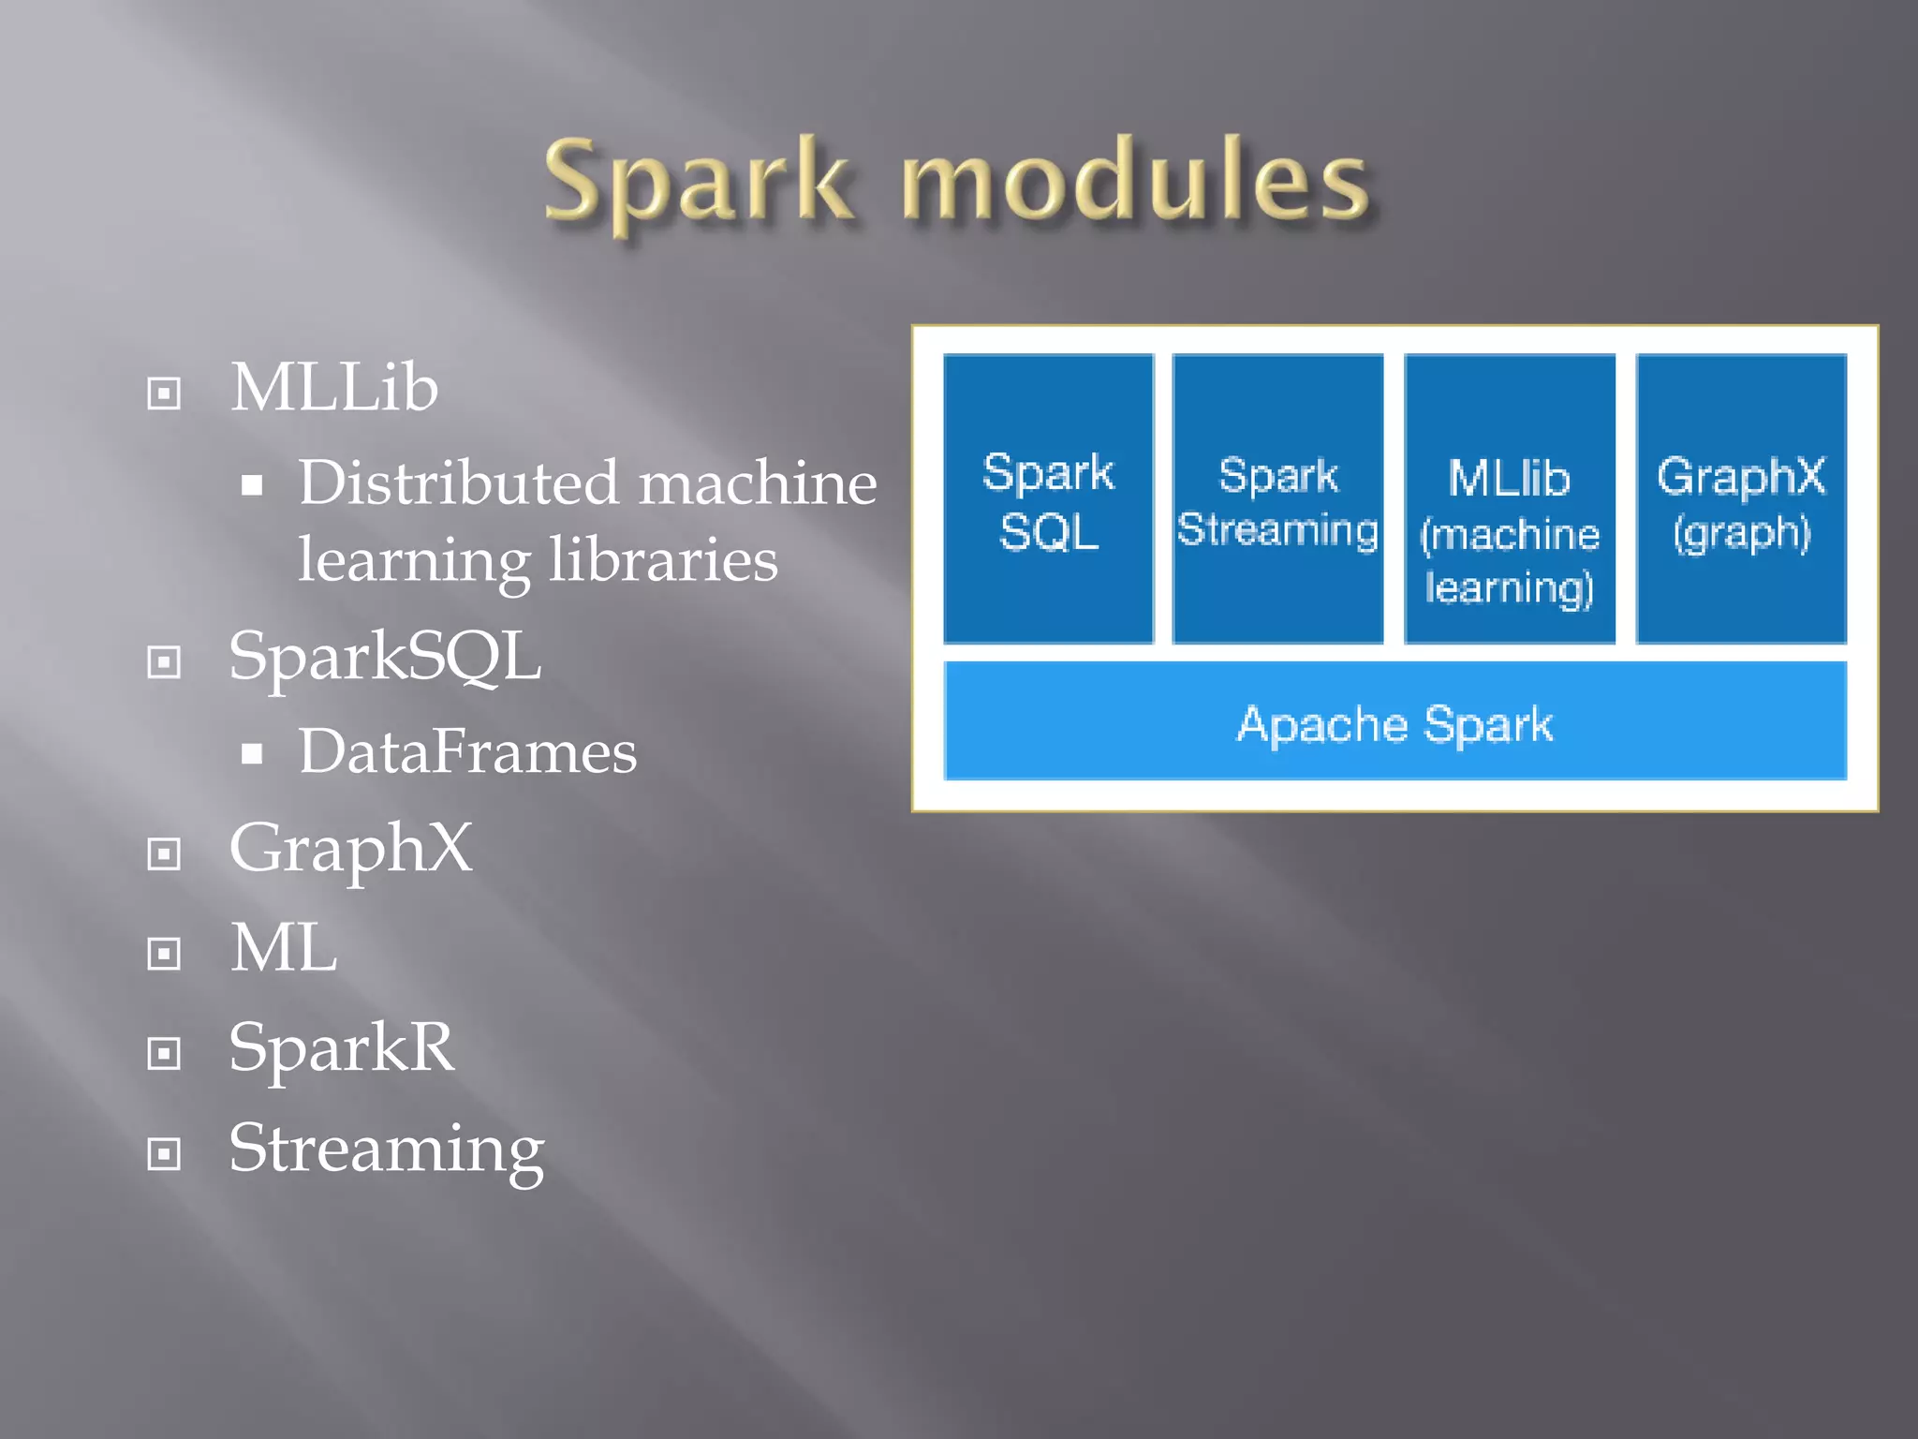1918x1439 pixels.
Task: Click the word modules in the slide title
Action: (x=1135, y=180)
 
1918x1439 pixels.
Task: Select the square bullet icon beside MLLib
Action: (x=164, y=393)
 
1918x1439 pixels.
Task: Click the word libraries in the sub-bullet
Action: (x=663, y=560)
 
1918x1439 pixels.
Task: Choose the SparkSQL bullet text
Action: (x=385, y=656)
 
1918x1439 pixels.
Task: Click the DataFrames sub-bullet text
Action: (x=467, y=751)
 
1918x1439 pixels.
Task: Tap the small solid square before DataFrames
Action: (x=251, y=754)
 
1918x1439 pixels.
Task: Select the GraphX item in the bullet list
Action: (x=351, y=848)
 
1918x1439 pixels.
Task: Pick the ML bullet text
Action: (x=284, y=948)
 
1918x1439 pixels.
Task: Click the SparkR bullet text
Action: (x=342, y=1047)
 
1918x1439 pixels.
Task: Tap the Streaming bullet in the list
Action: (x=386, y=1149)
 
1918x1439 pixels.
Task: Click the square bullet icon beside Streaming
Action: (x=164, y=1153)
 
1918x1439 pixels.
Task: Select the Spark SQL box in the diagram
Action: (x=1048, y=499)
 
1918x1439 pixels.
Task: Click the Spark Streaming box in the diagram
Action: (x=1277, y=499)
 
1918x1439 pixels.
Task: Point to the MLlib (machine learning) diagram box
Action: (x=1509, y=499)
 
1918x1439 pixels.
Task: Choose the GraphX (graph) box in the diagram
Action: (x=1741, y=499)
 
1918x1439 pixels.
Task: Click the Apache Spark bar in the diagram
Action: (x=1394, y=721)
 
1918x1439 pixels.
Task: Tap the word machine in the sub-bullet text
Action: (x=759, y=483)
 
